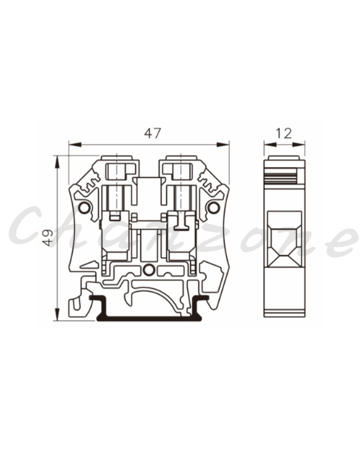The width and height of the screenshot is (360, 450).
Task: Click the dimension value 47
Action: tap(153, 133)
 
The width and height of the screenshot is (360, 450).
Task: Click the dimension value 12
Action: tap(284, 133)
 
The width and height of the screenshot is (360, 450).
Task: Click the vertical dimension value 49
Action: tap(48, 238)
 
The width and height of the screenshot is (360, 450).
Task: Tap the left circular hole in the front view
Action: tap(84, 207)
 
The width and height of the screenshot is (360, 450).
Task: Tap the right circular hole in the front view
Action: tap(213, 207)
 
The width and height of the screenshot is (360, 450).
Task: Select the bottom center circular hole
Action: tap(149, 269)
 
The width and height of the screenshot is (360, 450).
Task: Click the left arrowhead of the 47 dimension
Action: tap(75, 144)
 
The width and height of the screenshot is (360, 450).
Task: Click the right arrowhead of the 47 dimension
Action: tap(222, 144)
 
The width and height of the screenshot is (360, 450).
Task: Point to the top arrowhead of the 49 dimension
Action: tap(58, 162)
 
